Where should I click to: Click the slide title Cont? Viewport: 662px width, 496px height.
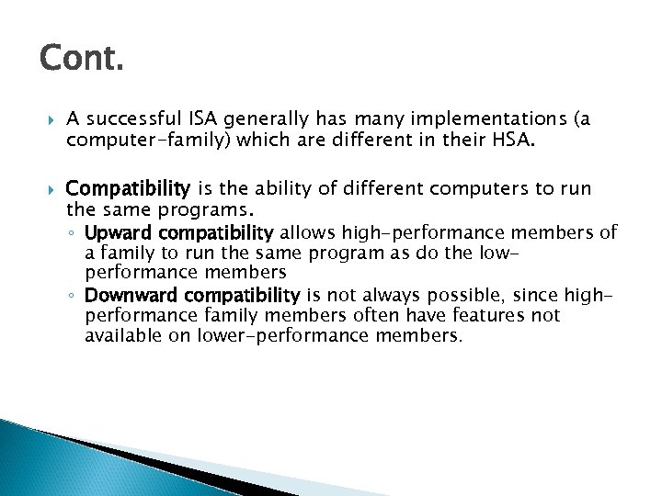click(x=81, y=61)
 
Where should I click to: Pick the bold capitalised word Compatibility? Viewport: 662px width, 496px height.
click(x=128, y=189)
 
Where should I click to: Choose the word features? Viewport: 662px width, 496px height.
click(x=485, y=315)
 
